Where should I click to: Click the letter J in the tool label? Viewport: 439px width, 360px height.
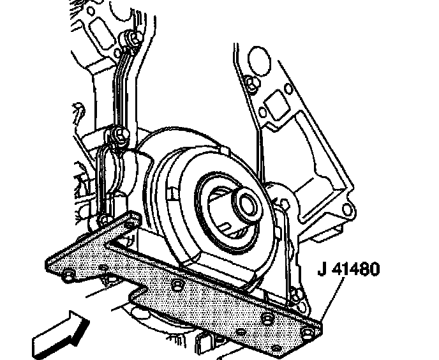pos(322,268)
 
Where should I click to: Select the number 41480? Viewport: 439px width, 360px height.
pos(358,268)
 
